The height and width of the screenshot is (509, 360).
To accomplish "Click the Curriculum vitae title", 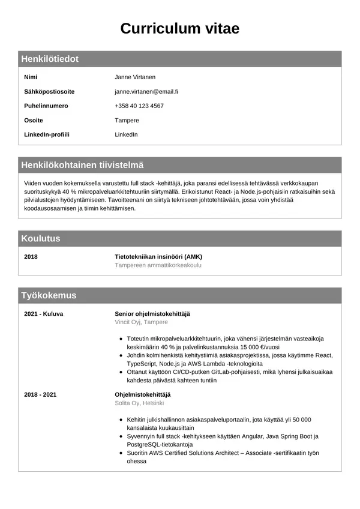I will [x=180, y=28].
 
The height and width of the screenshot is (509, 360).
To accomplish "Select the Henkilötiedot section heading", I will [x=50, y=59].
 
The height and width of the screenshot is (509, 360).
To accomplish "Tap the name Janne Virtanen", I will [x=135, y=77].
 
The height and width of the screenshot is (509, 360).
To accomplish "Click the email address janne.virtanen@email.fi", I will [x=146, y=92].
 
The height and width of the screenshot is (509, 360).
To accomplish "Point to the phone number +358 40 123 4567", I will [x=139, y=106].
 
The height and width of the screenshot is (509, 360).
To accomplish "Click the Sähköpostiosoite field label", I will [x=49, y=92].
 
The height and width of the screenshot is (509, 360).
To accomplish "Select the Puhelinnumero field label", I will [x=46, y=106].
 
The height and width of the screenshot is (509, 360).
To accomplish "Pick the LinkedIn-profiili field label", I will [x=47, y=134].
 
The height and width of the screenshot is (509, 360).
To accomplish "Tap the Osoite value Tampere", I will [x=127, y=120].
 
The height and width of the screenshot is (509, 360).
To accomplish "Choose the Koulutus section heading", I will [x=41, y=238].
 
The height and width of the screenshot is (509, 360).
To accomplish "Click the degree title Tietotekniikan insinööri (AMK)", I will [x=159, y=257].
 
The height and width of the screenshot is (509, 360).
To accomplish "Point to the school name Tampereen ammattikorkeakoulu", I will [x=158, y=265].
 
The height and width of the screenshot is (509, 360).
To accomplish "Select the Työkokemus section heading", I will [x=49, y=295].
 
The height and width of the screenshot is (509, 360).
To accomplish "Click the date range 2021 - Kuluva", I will [x=44, y=314].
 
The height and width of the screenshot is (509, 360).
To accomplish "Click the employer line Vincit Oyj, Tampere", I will [x=142, y=322].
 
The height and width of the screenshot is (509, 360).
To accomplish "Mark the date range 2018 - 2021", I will [x=40, y=394].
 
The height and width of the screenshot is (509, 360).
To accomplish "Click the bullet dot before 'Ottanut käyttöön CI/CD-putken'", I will [x=122, y=372].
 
